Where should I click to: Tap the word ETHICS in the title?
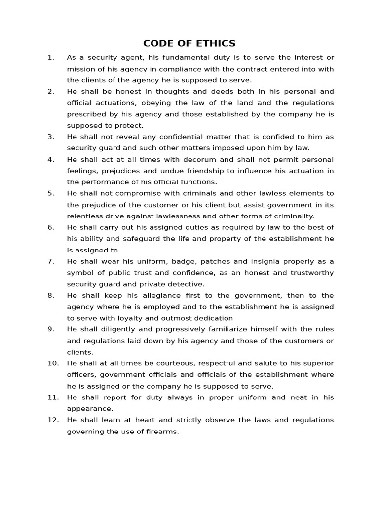click(x=216, y=43)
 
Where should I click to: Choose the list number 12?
click(x=53, y=420)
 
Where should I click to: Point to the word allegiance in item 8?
click(x=138, y=295)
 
